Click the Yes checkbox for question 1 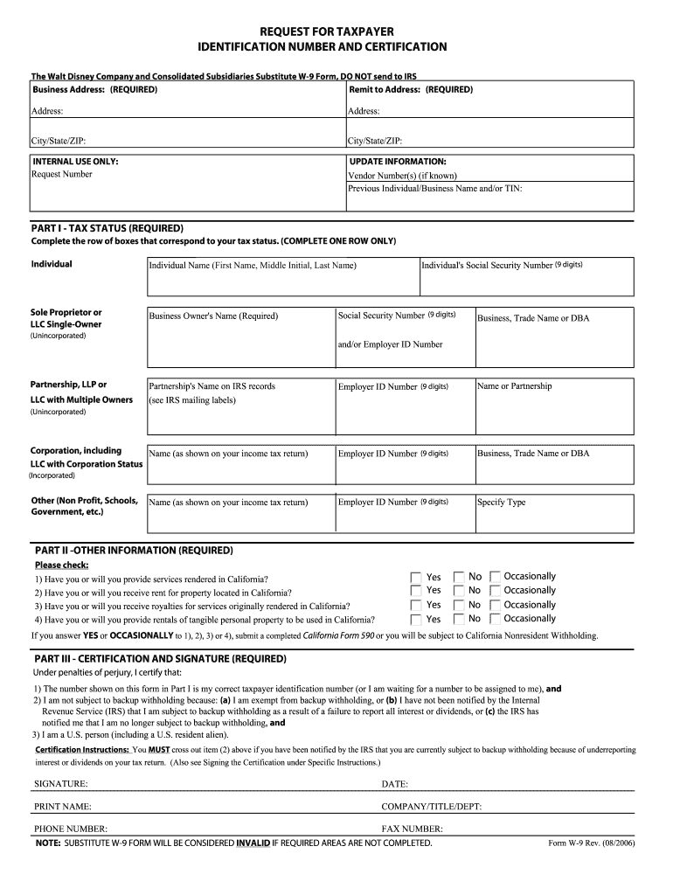[x=416, y=577]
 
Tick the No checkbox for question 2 [x=459, y=591]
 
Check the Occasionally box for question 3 [x=496, y=605]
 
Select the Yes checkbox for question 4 [x=416, y=619]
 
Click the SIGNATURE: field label [x=60, y=784]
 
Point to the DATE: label [x=395, y=784]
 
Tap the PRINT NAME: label [x=63, y=807]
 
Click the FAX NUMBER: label [x=412, y=829]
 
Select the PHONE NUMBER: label [x=71, y=829]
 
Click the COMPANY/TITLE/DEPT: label [x=432, y=807]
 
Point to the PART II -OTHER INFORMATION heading [x=134, y=551]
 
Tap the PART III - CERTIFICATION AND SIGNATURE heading [x=161, y=658]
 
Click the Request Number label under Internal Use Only [x=62, y=174]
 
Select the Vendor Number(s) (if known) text [x=402, y=175]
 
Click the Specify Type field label [x=502, y=503]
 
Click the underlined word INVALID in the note [x=253, y=843]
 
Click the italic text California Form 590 [x=343, y=635]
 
